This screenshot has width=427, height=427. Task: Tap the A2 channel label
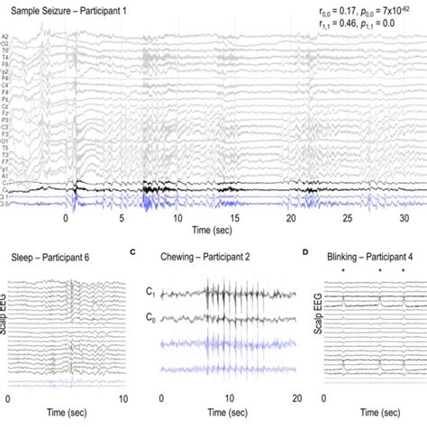point(5,37)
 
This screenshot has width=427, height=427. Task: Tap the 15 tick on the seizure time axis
point(233,217)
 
